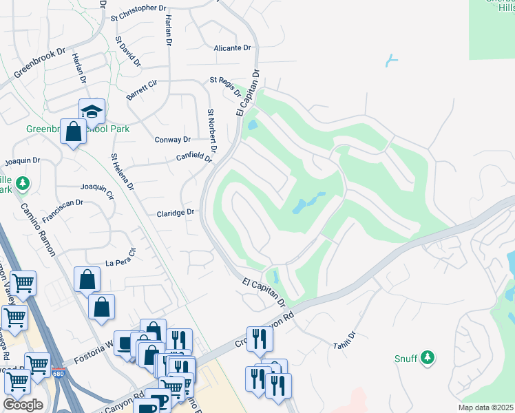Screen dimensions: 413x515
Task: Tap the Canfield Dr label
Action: click(193, 157)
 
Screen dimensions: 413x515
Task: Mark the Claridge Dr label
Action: click(176, 213)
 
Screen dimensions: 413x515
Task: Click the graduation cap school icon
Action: click(92, 111)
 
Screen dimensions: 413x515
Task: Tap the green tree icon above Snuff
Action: click(428, 357)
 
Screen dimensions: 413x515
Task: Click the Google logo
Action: click(23, 405)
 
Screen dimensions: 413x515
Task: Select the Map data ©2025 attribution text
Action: click(486, 407)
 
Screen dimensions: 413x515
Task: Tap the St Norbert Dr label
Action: click(212, 131)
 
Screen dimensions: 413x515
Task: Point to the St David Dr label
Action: click(128, 52)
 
